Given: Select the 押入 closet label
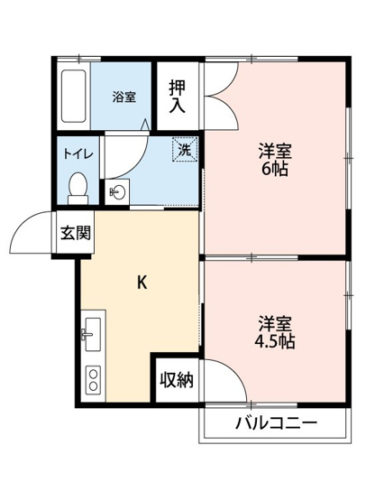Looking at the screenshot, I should point(177,95).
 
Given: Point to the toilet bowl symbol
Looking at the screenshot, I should point(78,187).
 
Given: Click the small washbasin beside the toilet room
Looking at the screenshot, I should point(118,191).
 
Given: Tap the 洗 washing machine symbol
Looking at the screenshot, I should point(184,151).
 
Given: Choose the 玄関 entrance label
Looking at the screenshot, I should point(76,233).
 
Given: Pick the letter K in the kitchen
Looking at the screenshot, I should point(142,282).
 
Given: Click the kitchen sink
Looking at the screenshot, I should point(93,336).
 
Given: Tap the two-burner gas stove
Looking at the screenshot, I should point(93,379).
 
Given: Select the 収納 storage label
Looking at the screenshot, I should point(177,379).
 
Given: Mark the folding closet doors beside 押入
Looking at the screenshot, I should point(219,97).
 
